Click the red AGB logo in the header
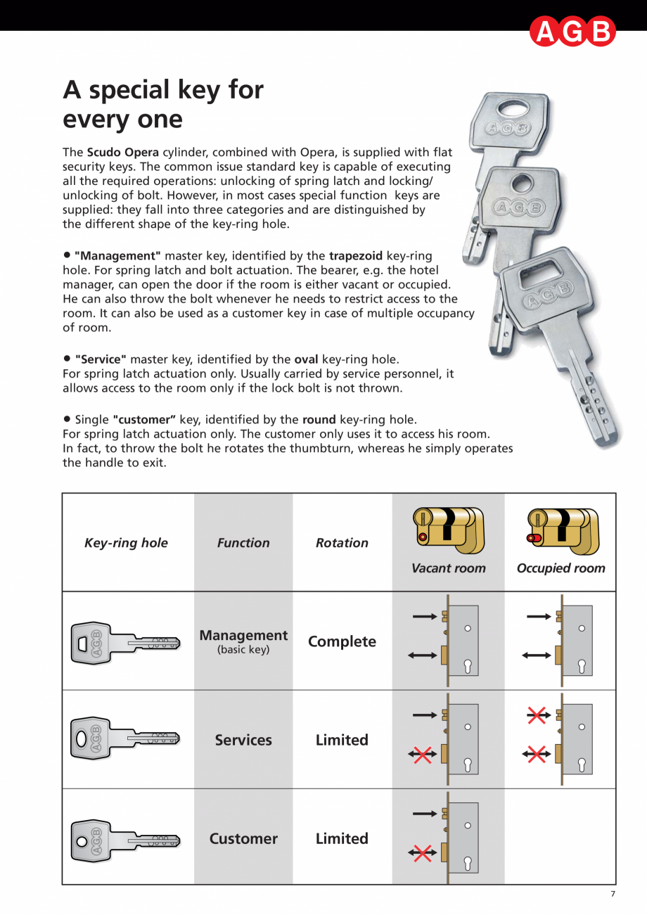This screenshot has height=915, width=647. pyautogui.click(x=572, y=32)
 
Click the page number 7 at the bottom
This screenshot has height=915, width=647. pyautogui.click(x=613, y=894)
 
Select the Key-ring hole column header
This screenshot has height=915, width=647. pyautogui.click(x=126, y=543)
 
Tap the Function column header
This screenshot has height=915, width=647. pyautogui.click(x=243, y=543)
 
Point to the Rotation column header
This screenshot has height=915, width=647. pyautogui.click(x=342, y=543)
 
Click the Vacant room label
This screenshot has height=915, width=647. pyautogui.click(x=448, y=568)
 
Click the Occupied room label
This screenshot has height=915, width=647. pyautogui.click(x=560, y=568)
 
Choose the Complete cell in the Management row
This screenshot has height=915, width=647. pyautogui.click(x=342, y=641)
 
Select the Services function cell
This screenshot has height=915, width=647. pyautogui.click(x=243, y=740)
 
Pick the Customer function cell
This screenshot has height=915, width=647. pyautogui.click(x=243, y=838)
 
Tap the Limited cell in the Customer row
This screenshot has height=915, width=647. pyautogui.click(x=342, y=838)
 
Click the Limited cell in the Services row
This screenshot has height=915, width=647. pyautogui.click(x=342, y=740)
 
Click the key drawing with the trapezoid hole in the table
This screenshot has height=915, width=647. pyautogui.click(x=125, y=642)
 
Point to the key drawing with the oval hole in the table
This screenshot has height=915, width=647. pyautogui.click(x=125, y=739)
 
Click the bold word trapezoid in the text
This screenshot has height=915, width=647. pyautogui.click(x=356, y=256)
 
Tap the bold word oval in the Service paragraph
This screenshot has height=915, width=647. pyautogui.click(x=306, y=359)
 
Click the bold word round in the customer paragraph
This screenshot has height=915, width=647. pyautogui.click(x=319, y=420)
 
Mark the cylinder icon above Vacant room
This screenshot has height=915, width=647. pyautogui.click(x=448, y=530)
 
